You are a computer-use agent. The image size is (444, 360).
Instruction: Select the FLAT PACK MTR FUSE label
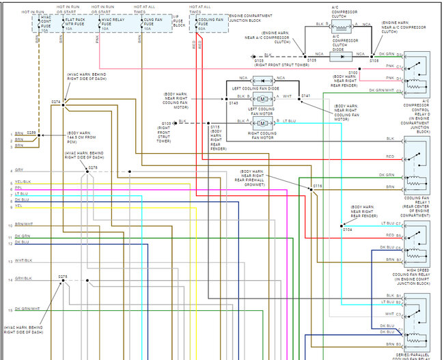[x=75, y=25]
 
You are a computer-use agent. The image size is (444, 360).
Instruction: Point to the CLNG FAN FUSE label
[x=152, y=25]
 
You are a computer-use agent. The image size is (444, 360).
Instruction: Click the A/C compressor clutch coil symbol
[x=341, y=24]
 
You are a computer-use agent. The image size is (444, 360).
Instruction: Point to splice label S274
[x=55, y=102]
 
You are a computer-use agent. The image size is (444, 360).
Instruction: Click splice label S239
[x=31, y=133]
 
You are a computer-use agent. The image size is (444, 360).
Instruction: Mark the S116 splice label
[x=317, y=186]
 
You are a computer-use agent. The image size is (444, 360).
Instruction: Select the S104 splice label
[x=347, y=230]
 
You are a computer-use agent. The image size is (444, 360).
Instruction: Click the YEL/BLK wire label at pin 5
[x=23, y=182]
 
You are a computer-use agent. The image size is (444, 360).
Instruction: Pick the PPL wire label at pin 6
[x=18, y=189]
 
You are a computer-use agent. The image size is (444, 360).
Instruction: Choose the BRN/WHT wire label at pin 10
[x=23, y=224]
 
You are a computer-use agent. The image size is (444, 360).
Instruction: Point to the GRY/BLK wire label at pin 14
[x=23, y=279]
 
